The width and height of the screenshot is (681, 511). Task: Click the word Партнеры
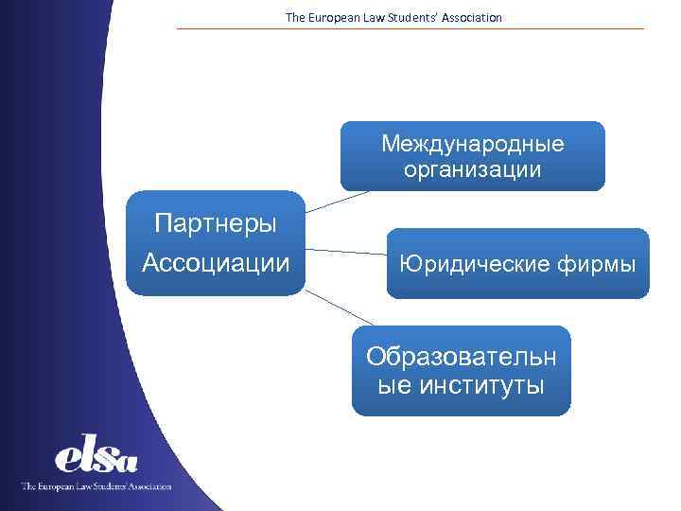(216, 224)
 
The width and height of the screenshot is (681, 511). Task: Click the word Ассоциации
(216, 261)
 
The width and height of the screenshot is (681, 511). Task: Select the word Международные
(473, 144)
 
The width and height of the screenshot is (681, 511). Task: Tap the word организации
(473, 170)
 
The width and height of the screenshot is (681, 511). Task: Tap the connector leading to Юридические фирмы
(346, 252)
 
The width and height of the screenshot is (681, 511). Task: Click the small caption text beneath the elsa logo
(96, 486)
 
